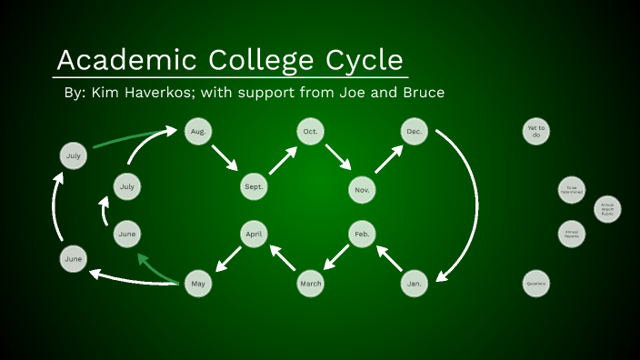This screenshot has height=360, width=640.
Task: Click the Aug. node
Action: tap(197, 132)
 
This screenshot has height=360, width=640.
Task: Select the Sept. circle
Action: tap(254, 187)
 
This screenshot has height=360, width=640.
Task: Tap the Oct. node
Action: tap(309, 132)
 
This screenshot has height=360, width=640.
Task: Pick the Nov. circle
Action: tap(362, 189)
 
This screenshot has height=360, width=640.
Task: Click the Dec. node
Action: tap(415, 132)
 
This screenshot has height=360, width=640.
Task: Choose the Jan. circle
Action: tap(415, 284)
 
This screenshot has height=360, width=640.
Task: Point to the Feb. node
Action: tap(362, 235)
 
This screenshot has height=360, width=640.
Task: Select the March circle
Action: tap(310, 284)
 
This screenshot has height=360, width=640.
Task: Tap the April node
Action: tap(254, 235)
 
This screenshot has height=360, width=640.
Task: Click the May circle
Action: tap(197, 284)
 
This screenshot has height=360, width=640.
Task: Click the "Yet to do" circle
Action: tap(536, 132)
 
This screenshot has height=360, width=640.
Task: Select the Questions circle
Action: tap(536, 284)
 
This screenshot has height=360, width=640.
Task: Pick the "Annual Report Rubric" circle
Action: tap(607, 209)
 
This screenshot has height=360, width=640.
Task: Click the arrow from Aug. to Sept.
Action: tap(225, 158)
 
